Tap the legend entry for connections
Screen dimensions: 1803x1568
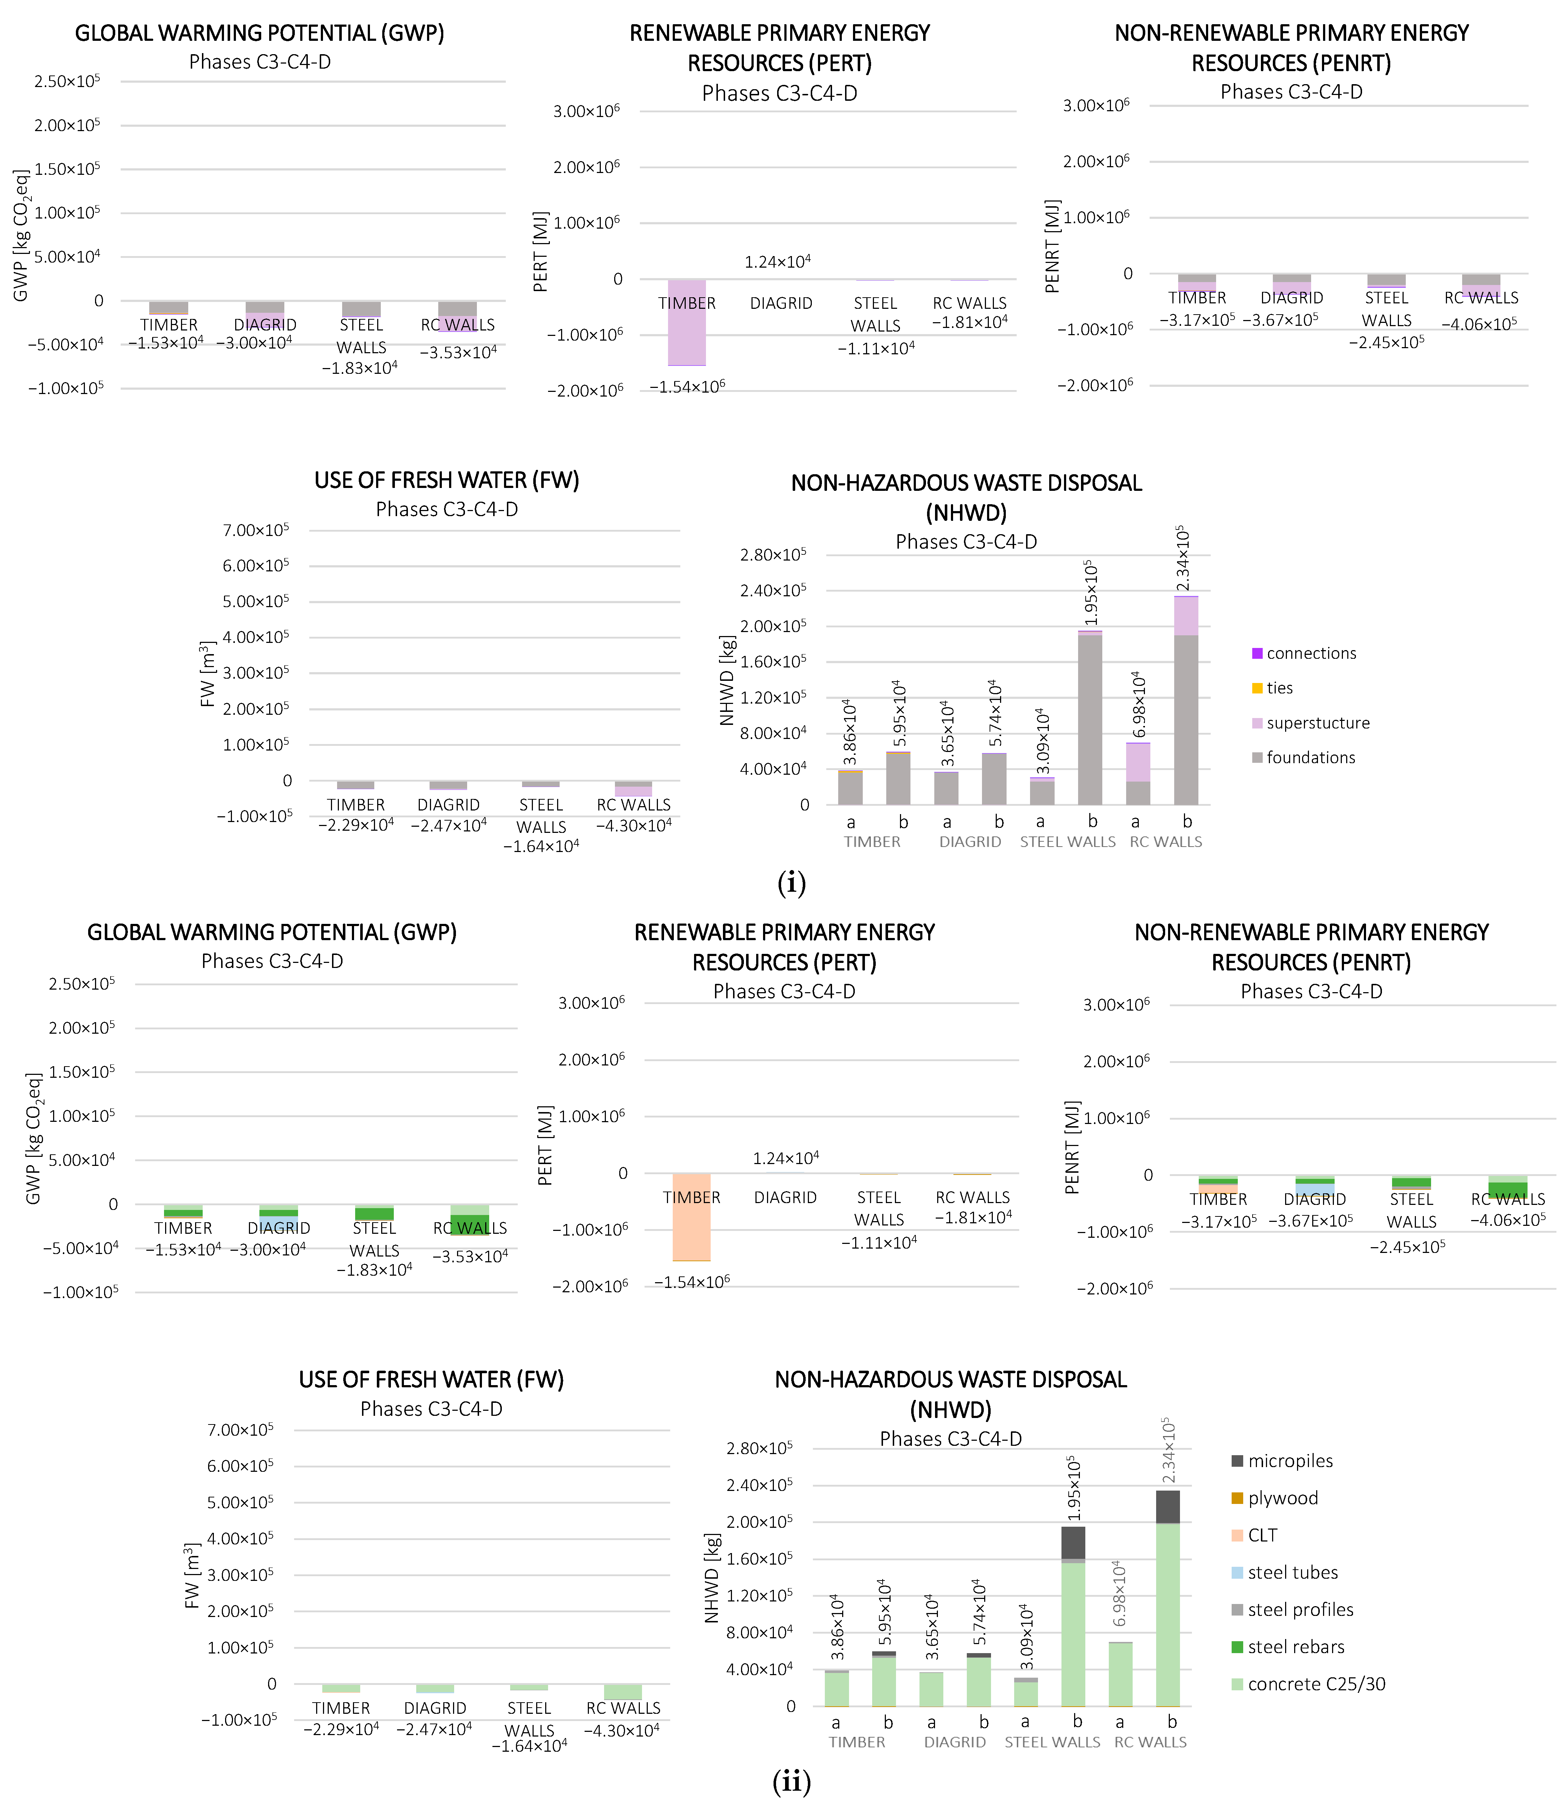coord(1310,653)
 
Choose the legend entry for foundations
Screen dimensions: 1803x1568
coord(1310,758)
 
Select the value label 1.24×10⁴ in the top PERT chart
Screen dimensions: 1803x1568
coord(778,261)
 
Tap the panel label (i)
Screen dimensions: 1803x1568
coord(791,883)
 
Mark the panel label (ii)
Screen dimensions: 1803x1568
coord(791,1781)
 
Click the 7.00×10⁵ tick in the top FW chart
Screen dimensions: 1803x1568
coord(255,530)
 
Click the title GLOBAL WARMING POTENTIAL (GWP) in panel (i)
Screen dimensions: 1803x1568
coord(260,33)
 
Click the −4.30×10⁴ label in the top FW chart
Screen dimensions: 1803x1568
coord(633,825)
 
